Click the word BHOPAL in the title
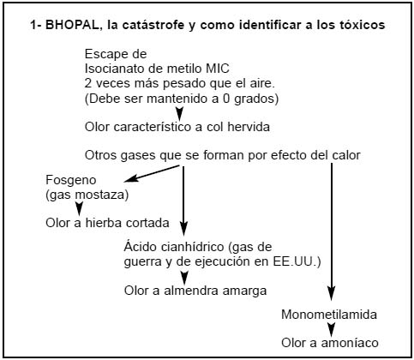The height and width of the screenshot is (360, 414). point(72,25)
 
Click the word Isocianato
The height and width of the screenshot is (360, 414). point(116,69)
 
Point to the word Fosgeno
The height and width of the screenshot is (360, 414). point(71,180)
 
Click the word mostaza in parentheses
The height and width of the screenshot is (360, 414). point(102,195)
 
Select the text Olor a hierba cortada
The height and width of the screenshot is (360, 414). point(107,223)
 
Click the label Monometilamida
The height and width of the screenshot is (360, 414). point(329,315)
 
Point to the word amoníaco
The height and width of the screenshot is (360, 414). point(350,343)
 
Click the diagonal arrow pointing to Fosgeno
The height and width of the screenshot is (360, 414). point(152,173)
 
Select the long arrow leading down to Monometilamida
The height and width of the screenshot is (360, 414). point(332,232)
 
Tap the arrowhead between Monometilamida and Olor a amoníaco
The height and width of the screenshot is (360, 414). point(331,329)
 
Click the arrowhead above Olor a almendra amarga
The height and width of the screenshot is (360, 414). point(184,277)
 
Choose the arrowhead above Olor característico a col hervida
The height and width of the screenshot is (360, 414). point(179,113)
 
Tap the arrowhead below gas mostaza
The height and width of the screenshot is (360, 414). point(79,208)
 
